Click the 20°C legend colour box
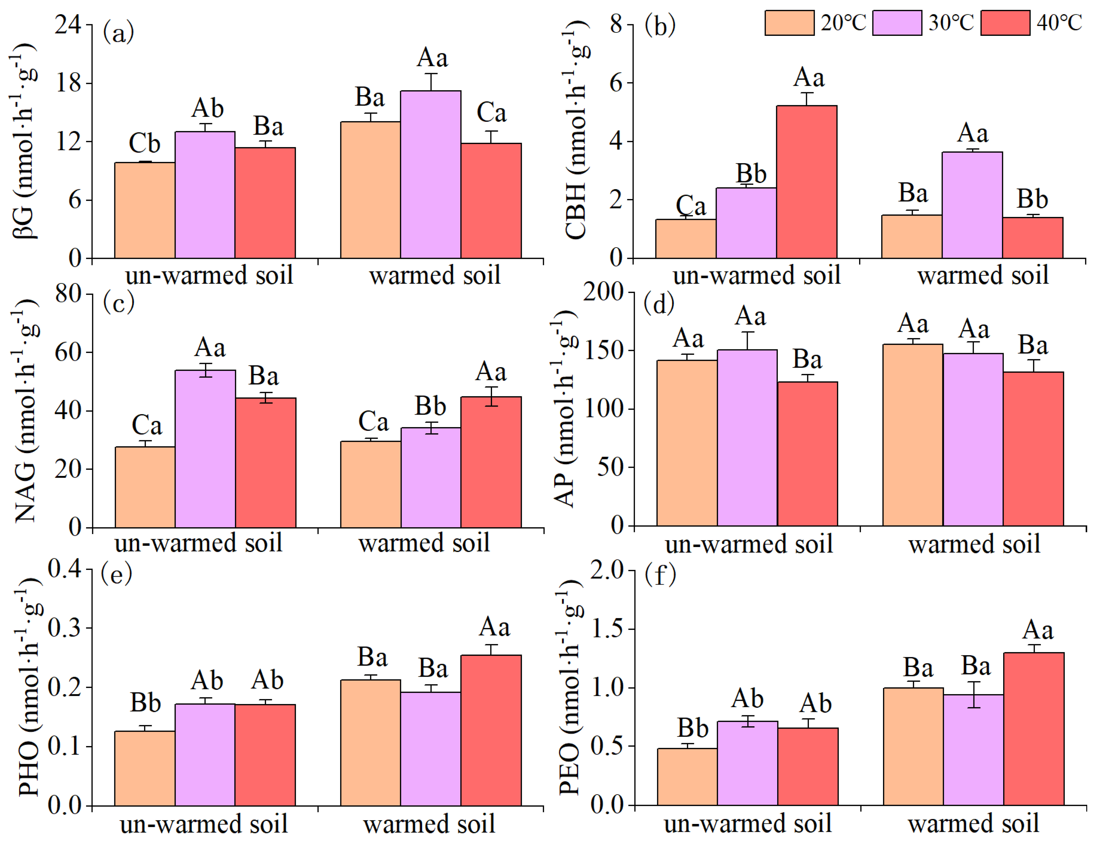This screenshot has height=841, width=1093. coord(789,23)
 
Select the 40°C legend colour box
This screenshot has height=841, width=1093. coord(1005,23)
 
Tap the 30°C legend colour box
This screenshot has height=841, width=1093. coord(897,23)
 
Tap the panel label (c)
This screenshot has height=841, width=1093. coord(118,303)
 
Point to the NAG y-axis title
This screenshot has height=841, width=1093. coord(25,410)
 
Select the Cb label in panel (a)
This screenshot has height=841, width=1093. coord(145,144)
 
